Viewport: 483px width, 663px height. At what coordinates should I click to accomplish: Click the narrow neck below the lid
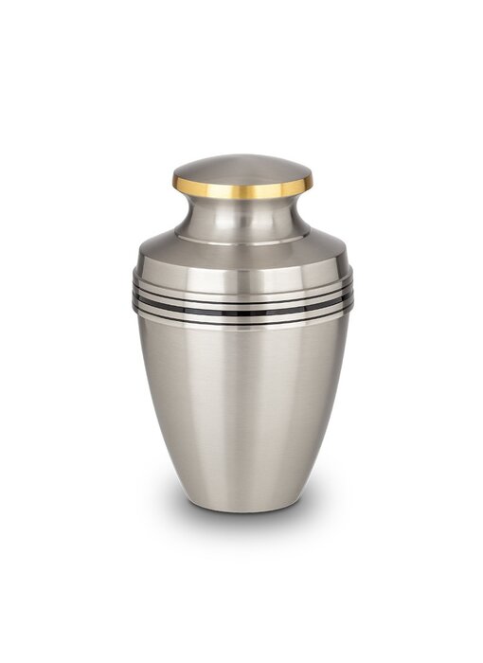[242, 216]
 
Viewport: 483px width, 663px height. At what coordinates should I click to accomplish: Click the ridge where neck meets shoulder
[242, 238]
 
